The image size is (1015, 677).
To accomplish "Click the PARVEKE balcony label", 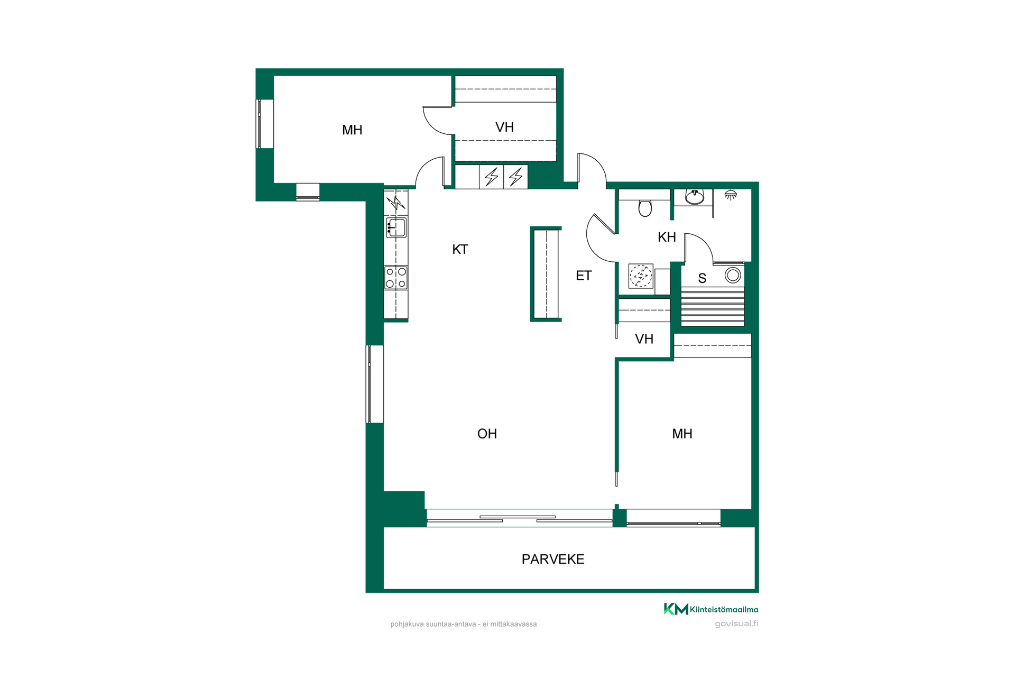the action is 553,559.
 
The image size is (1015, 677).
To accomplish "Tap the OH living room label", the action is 487,434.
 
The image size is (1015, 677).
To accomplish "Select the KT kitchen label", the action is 460,249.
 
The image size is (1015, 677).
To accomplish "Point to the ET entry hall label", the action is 584,276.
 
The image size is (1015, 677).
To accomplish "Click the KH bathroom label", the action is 667,237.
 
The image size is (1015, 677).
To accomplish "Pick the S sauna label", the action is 702,278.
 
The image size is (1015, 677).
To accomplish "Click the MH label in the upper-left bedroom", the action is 352,130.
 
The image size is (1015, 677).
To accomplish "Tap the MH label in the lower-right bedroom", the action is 682,434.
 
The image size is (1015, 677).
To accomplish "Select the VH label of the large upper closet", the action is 504,127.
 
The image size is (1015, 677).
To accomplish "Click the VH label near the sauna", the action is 644,339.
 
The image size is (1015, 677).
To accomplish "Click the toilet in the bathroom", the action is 645,207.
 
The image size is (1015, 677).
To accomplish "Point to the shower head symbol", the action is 731,195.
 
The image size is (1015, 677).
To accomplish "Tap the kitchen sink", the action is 396,227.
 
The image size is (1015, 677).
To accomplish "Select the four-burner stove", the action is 396,278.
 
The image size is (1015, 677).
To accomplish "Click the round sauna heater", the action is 733,275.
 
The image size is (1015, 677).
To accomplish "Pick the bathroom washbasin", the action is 695,197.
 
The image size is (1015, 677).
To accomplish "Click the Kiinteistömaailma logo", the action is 711,609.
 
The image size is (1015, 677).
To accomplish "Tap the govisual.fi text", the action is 736,624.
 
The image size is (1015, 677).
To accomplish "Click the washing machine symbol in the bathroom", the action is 641,276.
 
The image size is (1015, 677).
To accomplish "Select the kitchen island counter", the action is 546,274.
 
